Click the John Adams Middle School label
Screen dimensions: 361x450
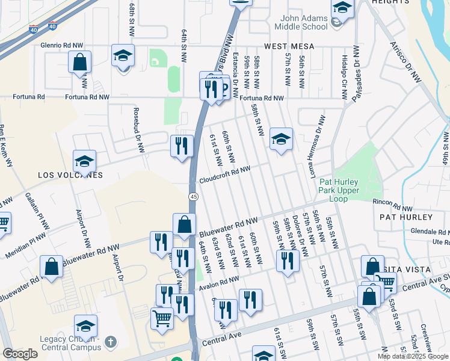(301, 22)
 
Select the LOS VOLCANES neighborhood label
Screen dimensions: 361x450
(70, 175)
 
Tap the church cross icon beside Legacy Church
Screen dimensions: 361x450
(109, 342)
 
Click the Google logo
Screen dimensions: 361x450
(20, 354)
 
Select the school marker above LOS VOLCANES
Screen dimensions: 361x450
(84, 161)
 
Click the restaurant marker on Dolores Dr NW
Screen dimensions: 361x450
(288, 260)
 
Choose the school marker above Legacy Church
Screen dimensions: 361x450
(86, 326)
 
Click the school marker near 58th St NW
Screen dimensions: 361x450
(281, 139)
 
